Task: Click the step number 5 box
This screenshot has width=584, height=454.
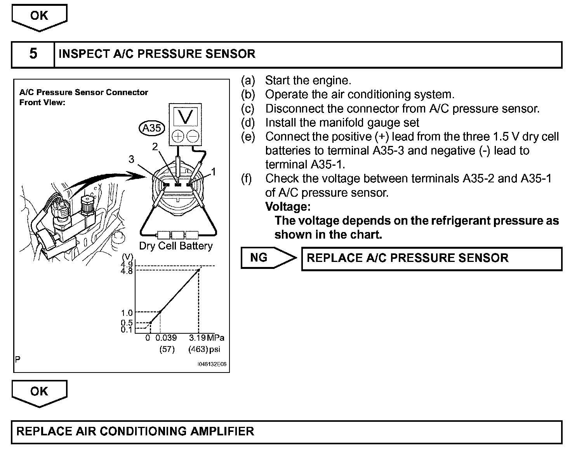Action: [x=33, y=54]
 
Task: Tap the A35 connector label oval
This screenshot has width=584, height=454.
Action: [x=151, y=128]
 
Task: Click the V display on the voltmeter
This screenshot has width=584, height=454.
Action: [x=186, y=116]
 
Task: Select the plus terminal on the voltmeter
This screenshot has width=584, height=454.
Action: [x=178, y=136]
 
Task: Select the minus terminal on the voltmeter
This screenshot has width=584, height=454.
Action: [x=193, y=136]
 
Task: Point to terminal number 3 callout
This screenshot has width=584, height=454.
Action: [x=132, y=159]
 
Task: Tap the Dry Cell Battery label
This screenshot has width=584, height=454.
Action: [x=176, y=246]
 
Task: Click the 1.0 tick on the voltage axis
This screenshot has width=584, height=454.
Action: [x=127, y=313]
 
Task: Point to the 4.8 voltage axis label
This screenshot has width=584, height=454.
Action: [x=127, y=271]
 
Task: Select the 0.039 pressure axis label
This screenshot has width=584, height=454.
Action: [x=166, y=338]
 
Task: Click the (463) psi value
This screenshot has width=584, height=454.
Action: [x=198, y=349]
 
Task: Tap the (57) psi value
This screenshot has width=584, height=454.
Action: [x=167, y=349]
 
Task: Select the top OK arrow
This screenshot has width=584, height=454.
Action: [x=39, y=16]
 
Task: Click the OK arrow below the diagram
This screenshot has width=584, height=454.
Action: [x=39, y=392]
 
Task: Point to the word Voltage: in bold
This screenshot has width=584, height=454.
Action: [x=288, y=206]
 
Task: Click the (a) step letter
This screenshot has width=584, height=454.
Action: [x=248, y=81]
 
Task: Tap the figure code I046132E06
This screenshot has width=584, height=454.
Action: [x=212, y=365]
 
